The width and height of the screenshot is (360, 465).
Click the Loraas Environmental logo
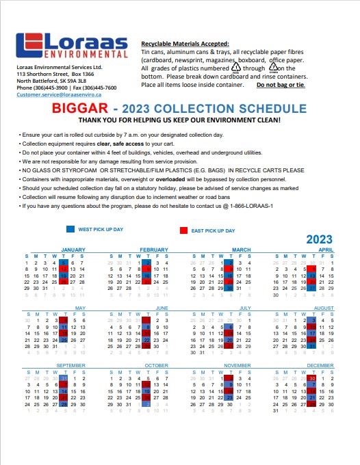point(71,45)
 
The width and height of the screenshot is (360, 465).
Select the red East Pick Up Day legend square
point(184,230)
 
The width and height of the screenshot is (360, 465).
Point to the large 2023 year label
point(319,239)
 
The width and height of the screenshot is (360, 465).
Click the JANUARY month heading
point(73,250)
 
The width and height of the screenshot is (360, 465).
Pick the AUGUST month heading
point(321,308)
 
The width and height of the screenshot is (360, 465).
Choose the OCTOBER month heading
point(156,366)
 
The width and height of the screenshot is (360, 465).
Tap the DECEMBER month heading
point(320,366)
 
